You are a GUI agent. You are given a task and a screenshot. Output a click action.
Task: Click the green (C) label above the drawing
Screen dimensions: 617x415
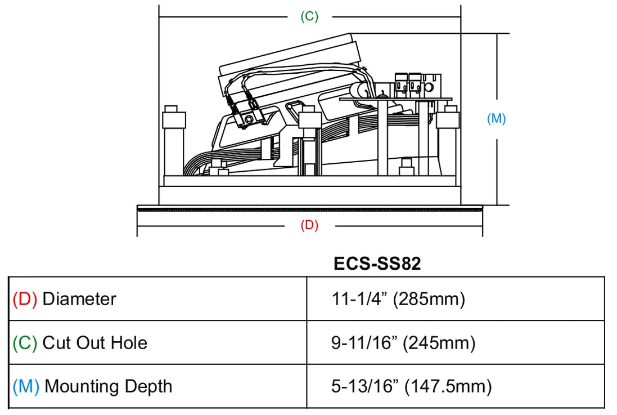point(309,16)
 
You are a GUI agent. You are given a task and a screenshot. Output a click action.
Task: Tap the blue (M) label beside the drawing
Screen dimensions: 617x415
point(496,118)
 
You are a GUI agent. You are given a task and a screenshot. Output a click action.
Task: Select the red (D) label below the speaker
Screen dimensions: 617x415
point(309,225)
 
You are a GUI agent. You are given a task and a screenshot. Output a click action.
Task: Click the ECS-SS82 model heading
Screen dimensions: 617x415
point(377,264)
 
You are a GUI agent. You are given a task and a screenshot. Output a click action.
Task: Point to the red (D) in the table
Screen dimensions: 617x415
point(25,299)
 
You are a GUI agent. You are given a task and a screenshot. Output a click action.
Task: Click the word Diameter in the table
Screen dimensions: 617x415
point(79,299)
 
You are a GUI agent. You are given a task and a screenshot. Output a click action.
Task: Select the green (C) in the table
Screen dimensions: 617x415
point(25,343)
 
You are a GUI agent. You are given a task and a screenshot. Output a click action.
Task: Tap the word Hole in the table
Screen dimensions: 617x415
point(129,343)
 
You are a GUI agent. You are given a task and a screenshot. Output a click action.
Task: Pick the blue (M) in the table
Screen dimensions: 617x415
point(26,386)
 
